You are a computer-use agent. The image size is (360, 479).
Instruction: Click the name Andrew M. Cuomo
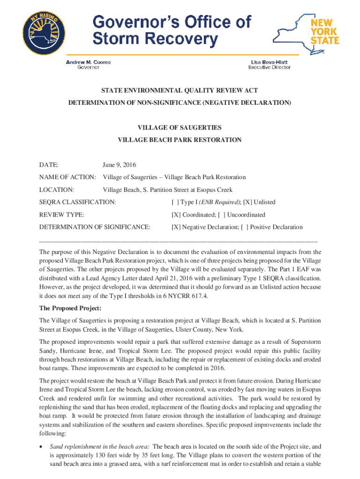click(x=88, y=62)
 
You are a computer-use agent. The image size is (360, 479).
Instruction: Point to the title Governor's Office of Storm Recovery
click(x=172, y=30)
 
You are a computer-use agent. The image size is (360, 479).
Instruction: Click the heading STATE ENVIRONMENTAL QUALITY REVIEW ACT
click(x=180, y=90)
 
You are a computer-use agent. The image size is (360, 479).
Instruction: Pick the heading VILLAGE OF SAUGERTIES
click(x=180, y=127)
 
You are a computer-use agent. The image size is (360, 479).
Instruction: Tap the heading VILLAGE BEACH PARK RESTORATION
click(x=180, y=139)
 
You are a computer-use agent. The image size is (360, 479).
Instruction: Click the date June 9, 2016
click(x=119, y=165)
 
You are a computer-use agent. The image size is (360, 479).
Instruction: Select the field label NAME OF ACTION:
click(x=68, y=177)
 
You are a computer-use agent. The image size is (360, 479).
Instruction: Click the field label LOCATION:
click(x=57, y=190)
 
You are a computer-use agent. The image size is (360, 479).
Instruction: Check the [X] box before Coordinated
click(x=176, y=215)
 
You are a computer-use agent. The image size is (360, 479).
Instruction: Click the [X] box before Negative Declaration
click(x=176, y=227)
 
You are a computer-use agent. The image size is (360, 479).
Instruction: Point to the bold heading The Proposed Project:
click(x=70, y=308)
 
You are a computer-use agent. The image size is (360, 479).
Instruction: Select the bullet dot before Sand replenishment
click(x=42, y=447)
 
